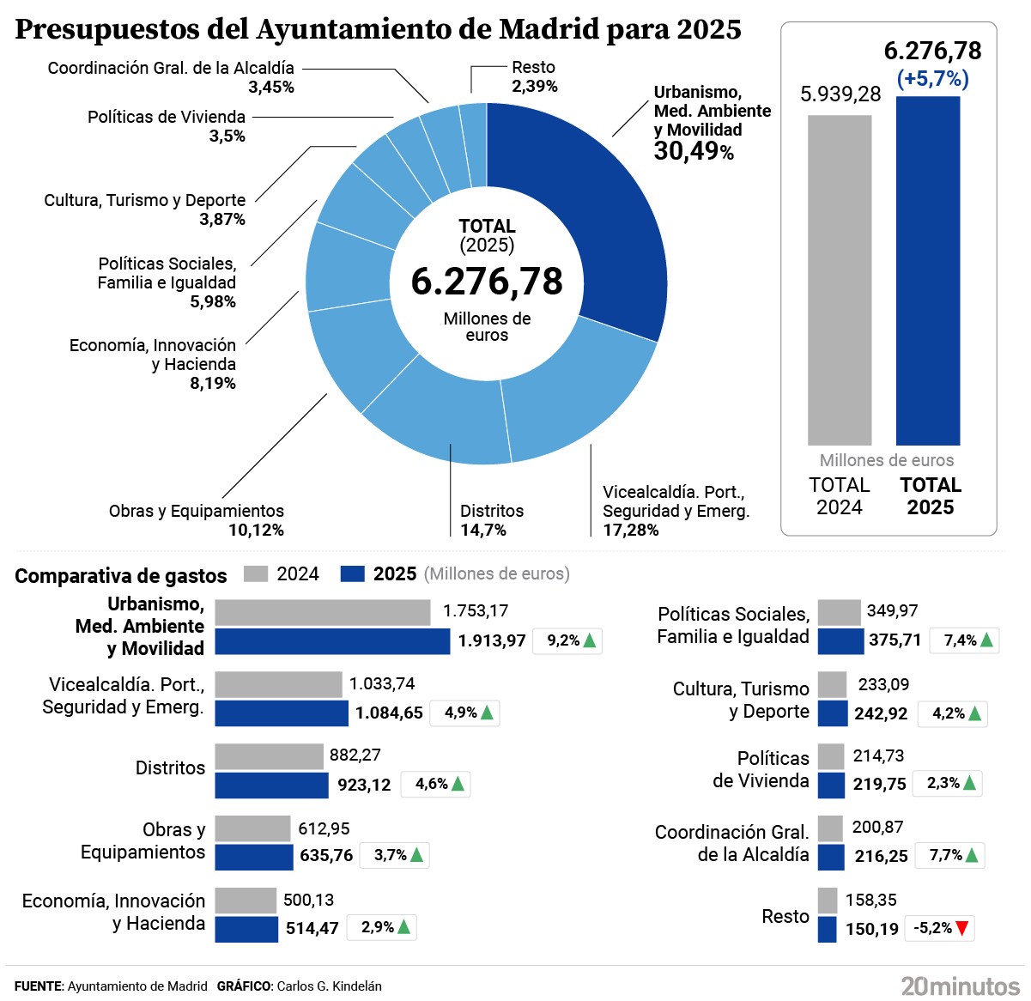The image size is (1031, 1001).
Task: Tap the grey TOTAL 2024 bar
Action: (839, 279)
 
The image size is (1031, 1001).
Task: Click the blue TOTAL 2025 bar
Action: (928, 270)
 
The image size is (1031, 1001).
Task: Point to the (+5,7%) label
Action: (932, 79)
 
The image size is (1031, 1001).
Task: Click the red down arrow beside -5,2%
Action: (962, 928)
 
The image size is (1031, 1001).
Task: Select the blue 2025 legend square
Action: (353, 573)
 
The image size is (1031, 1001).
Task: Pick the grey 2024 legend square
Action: (256, 573)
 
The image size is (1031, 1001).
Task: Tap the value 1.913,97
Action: (491, 641)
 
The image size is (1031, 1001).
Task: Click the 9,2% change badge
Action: (567, 641)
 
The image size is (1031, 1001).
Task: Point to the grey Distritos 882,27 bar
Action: (269, 756)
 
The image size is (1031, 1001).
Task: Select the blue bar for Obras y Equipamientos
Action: (253, 857)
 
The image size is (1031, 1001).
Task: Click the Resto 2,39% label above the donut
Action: (534, 76)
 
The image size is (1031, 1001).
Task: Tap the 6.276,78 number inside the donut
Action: (487, 282)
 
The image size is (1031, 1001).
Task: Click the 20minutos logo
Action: (961, 986)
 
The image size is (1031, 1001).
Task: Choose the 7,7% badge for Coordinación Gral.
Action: (953, 856)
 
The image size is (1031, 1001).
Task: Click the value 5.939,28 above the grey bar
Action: (840, 94)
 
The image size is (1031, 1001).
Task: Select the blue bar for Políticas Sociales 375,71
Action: (840, 641)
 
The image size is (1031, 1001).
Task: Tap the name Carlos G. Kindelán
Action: (329, 986)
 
